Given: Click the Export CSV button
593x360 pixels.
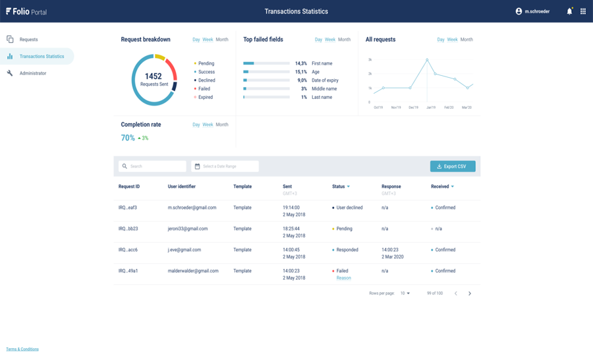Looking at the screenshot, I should [x=453, y=166].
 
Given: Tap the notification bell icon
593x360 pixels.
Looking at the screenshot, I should [x=569, y=11].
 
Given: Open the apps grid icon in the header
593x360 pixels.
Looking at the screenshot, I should [x=583, y=11].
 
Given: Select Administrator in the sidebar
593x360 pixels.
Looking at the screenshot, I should [x=32, y=73].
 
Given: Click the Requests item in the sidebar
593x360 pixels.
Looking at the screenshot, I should [x=28, y=40].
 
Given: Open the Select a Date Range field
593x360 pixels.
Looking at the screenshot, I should [x=225, y=166].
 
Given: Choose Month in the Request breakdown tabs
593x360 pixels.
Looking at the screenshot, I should [x=222, y=40].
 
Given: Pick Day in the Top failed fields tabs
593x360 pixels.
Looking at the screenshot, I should [x=318, y=40].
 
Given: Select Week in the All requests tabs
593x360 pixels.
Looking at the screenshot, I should [x=452, y=40].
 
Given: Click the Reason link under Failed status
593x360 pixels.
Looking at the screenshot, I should [x=343, y=278].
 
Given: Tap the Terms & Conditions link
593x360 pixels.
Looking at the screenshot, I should [x=22, y=349].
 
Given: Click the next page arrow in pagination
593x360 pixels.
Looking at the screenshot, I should [x=470, y=293].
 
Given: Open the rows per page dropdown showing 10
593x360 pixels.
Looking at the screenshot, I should [x=405, y=293].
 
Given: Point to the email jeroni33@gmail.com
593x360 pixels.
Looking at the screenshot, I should [x=188, y=229].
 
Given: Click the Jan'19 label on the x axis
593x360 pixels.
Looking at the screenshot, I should [x=431, y=107].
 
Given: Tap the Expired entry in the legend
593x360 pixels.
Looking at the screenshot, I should [x=205, y=97].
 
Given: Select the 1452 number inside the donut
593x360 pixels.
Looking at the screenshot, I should [x=153, y=76].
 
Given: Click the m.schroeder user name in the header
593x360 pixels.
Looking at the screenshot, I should [x=537, y=11].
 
